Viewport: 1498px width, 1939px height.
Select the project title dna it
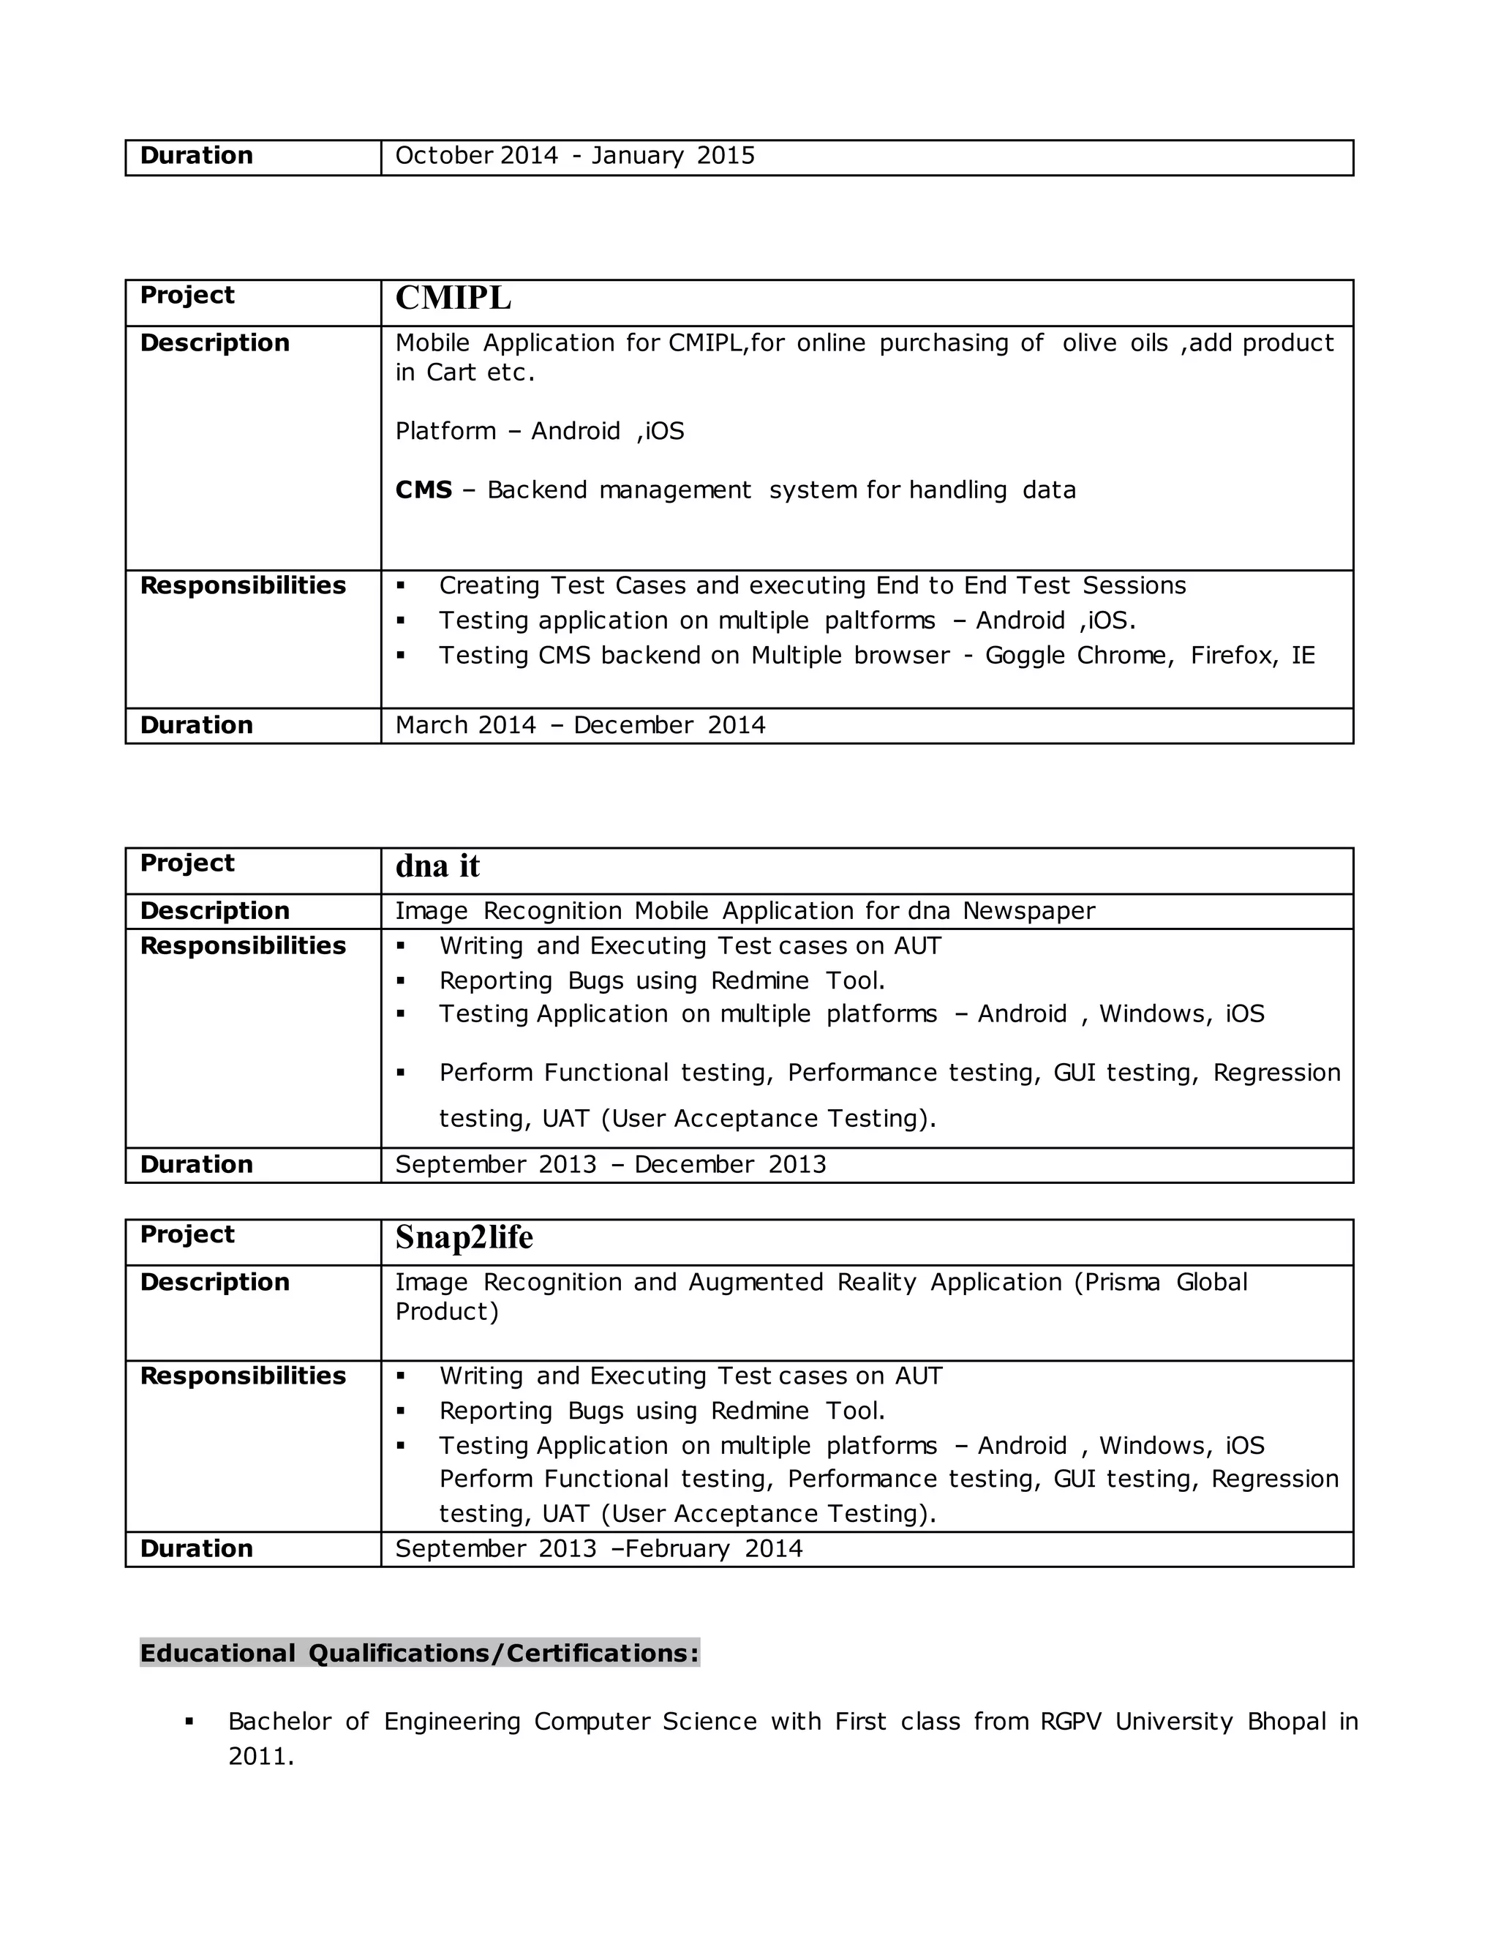tap(437, 866)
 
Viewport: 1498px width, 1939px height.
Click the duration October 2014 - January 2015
tap(574, 157)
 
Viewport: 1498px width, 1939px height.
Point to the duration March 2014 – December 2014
tap(579, 725)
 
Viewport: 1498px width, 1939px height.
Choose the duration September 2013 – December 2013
tap(610, 1165)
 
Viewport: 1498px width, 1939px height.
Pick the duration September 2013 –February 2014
tap(598, 1549)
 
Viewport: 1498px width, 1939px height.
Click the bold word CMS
tap(424, 490)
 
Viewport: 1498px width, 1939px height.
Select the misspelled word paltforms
tap(879, 620)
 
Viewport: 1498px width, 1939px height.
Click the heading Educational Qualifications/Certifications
tap(419, 1653)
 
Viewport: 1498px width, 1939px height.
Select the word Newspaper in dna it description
tap(1028, 912)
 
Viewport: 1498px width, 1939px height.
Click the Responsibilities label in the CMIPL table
tap(242, 586)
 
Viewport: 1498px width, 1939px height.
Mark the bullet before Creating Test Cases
tap(401, 586)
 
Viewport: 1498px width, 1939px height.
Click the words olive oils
tap(1115, 344)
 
